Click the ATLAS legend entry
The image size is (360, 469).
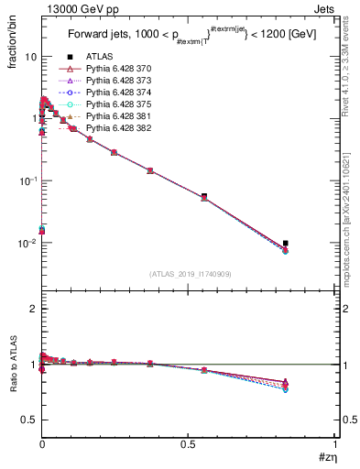point(98,56)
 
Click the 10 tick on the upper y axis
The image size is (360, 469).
point(30,57)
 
